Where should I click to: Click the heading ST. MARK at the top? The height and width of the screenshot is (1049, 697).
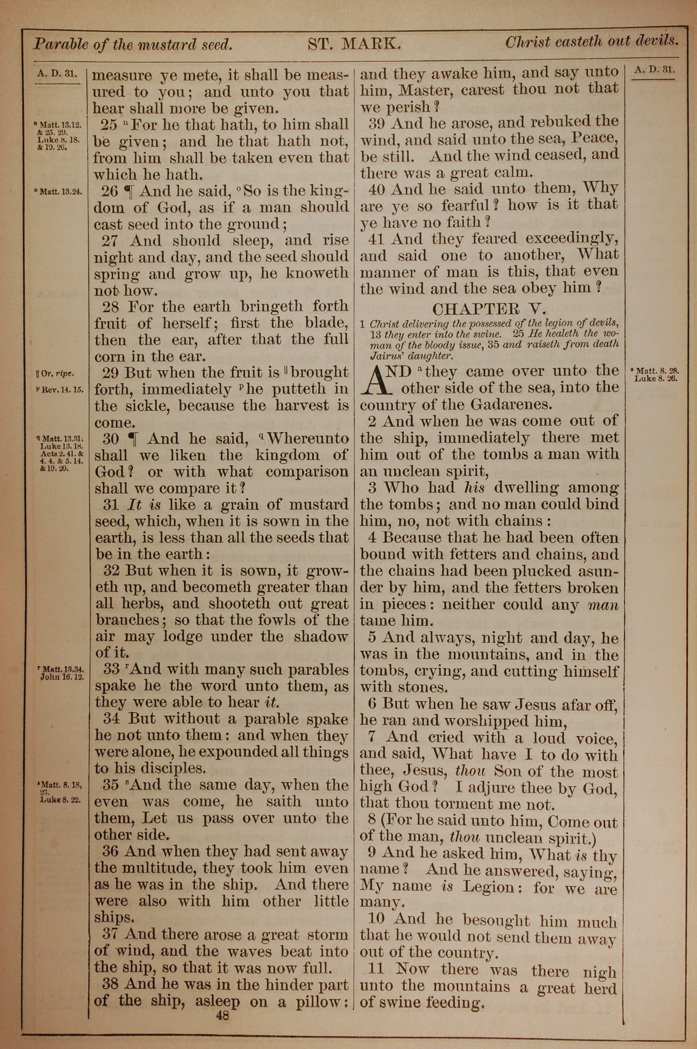click(355, 44)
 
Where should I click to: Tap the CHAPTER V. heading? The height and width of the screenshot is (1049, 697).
click(489, 309)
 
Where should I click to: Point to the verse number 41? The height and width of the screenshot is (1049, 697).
click(376, 239)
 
